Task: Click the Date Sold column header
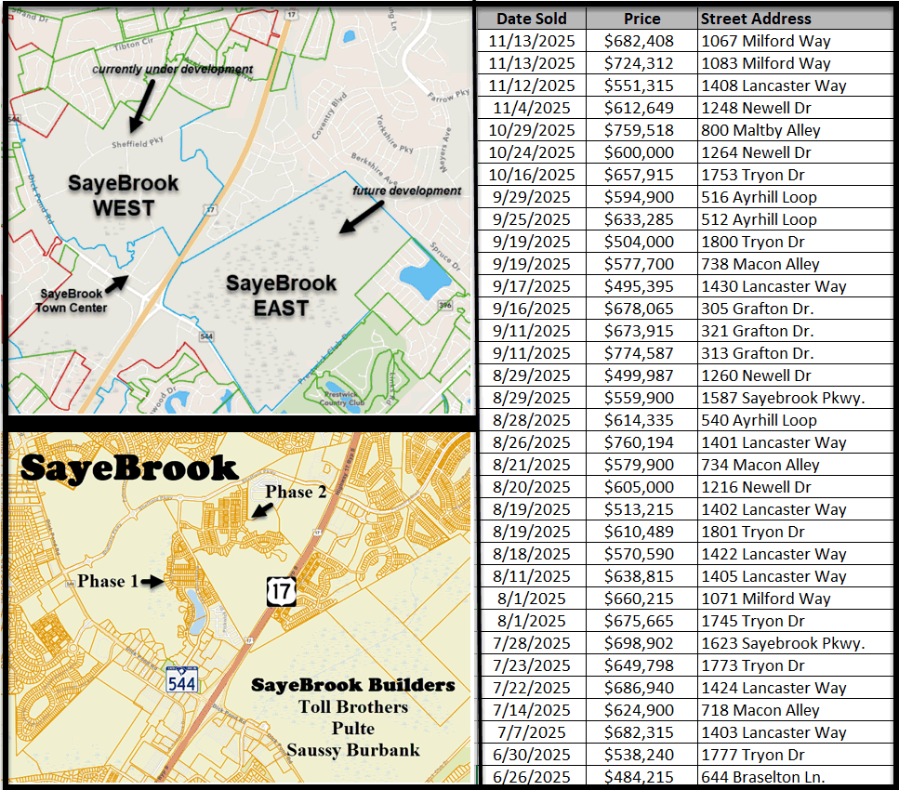point(532,19)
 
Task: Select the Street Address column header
point(755,19)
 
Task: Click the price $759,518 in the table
point(638,130)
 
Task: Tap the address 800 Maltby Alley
point(760,130)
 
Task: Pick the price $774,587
point(638,353)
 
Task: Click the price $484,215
point(638,777)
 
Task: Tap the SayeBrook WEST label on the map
point(123,195)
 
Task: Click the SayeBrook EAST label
point(281,295)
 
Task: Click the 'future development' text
point(406,191)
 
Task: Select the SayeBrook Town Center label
point(72,300)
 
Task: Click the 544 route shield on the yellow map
point(182,680)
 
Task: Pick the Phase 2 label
point(296,492)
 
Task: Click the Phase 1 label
point(108,581)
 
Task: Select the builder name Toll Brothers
point(353,707)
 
